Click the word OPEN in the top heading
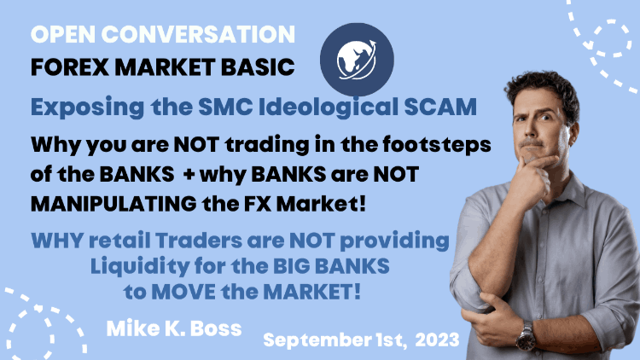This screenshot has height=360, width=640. point(63,34)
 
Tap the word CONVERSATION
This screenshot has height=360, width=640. point(198,34)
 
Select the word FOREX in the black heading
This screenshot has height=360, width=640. point(70,67)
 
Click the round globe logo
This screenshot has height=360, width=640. point(357,60)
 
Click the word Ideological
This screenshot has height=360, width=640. point(329,107)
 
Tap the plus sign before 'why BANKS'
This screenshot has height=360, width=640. point(189,175)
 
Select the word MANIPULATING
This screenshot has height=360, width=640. point(113,204)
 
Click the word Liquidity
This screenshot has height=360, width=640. point(139,266)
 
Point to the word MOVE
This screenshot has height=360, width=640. point(183,292)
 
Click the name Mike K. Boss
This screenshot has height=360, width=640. point(174,328)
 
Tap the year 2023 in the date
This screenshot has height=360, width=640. point(438,340)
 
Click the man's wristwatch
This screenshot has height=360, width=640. point(527,336)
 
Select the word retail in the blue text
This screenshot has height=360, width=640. point(119,241)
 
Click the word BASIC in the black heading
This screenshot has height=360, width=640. point(258,67)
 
